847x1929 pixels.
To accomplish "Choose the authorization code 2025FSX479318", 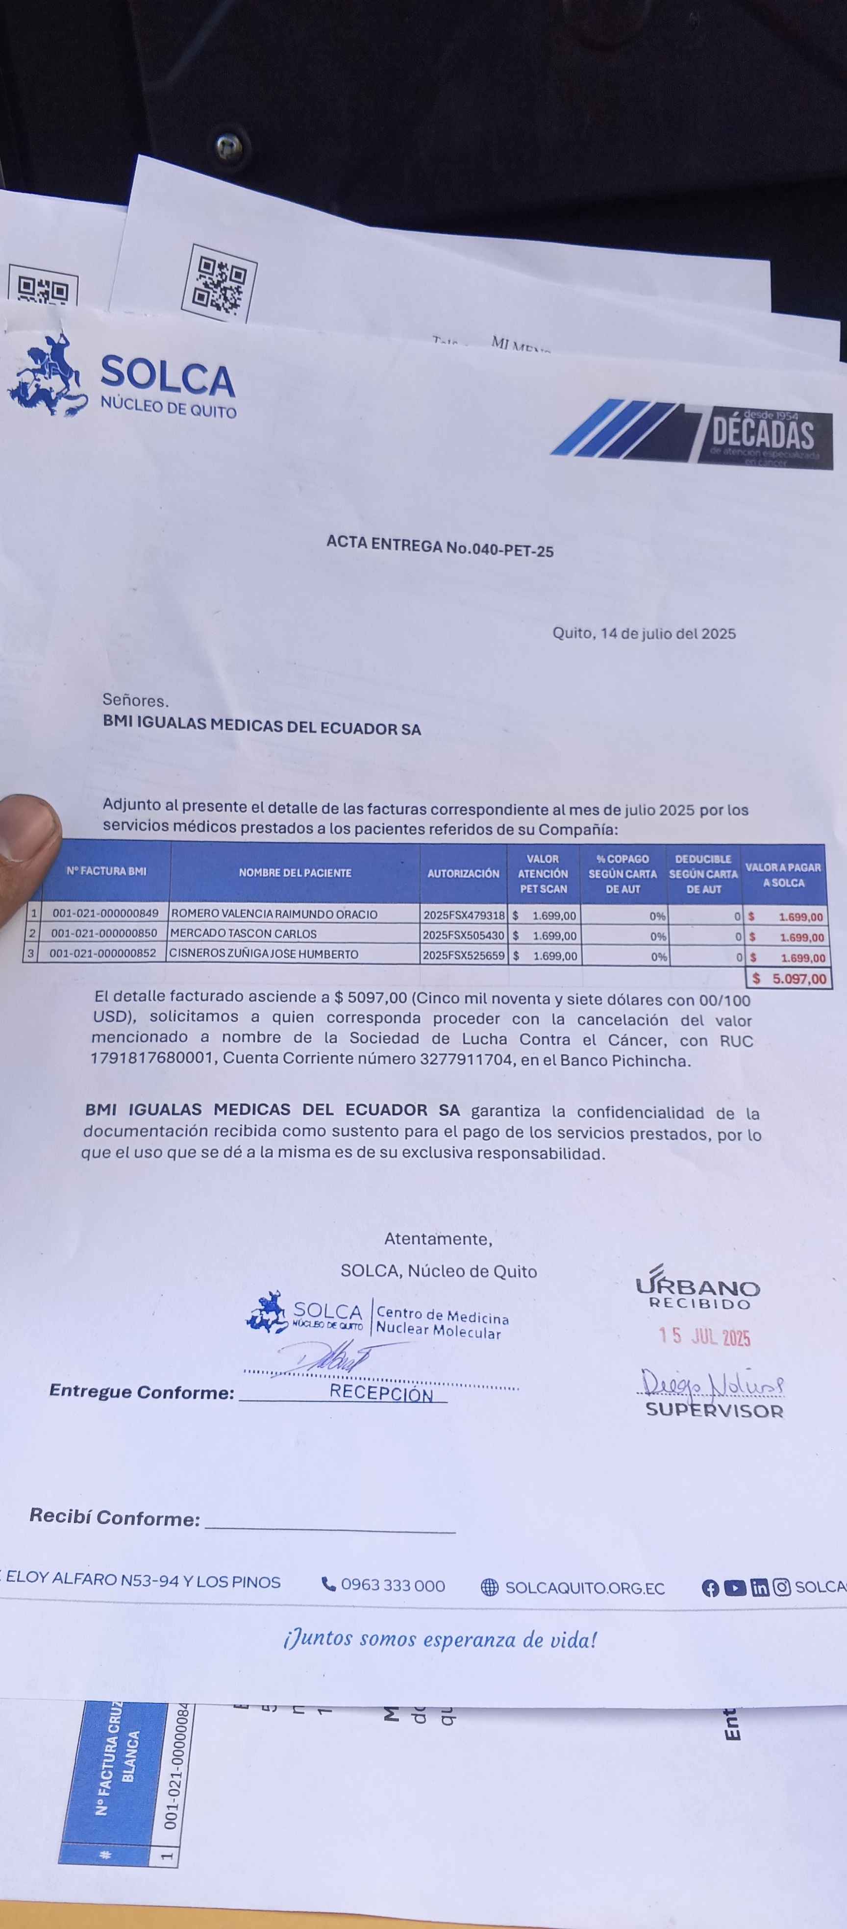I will click(464, 915).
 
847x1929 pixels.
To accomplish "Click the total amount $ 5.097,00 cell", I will click(789, 979).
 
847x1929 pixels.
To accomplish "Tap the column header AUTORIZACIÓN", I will click(463, 873).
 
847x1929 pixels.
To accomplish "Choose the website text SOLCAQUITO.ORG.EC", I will click(584, 1587).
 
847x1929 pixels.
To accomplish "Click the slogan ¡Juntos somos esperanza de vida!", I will click(440, 1640).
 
